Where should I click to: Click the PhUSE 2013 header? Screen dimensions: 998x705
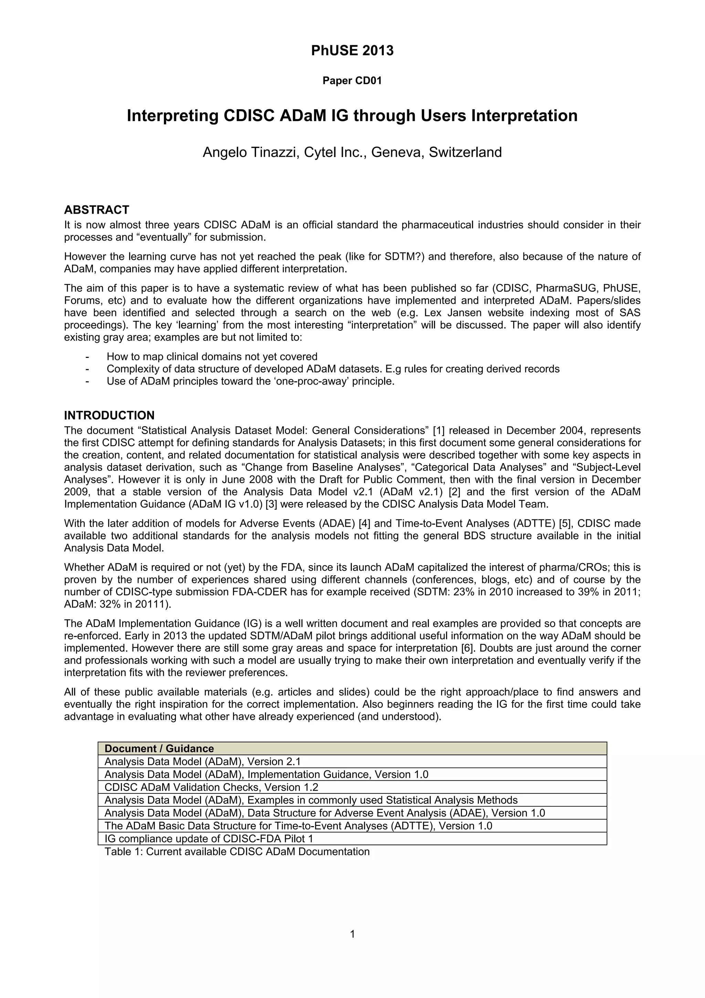[x=352, y=51]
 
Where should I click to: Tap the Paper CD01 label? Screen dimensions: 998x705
[x=352, y=81]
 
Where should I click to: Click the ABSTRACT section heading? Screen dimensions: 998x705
[x=96, y=210]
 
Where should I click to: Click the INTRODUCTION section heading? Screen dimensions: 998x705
[x=109, y=415]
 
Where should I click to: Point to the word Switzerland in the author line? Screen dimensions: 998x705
[x=465, y=152]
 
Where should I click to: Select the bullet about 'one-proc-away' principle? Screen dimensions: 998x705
[x=250, y=381]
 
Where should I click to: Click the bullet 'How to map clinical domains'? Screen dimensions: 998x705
[x=212, y=357]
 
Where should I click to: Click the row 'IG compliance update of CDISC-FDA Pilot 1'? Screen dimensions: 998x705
[x=209, y=839]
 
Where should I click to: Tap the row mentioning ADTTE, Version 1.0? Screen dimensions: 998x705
[x=298, y=826]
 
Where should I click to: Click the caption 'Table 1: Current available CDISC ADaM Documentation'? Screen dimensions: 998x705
[x=237, y=852]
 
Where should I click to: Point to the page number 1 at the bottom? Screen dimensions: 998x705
[x=352, y=934]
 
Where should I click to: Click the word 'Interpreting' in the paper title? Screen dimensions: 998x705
[x=171, y=116]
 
